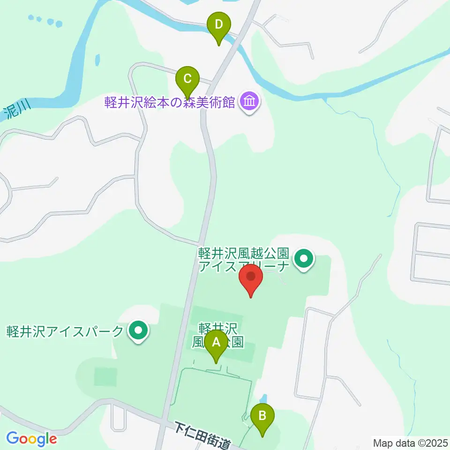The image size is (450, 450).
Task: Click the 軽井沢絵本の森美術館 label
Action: pos(170,102)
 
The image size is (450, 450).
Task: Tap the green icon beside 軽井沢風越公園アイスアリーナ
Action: pos(304,258)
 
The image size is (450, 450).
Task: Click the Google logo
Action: pos(32,439)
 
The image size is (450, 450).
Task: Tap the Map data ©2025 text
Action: pos(410,442)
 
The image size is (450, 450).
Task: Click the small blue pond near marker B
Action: pos(263,398)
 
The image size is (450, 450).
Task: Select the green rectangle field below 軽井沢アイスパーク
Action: pos(105,376)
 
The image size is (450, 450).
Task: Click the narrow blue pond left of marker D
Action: pos(97,60)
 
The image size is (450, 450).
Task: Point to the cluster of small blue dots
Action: pos(45,20)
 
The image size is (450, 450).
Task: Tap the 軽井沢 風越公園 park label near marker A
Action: pos(218,335)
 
